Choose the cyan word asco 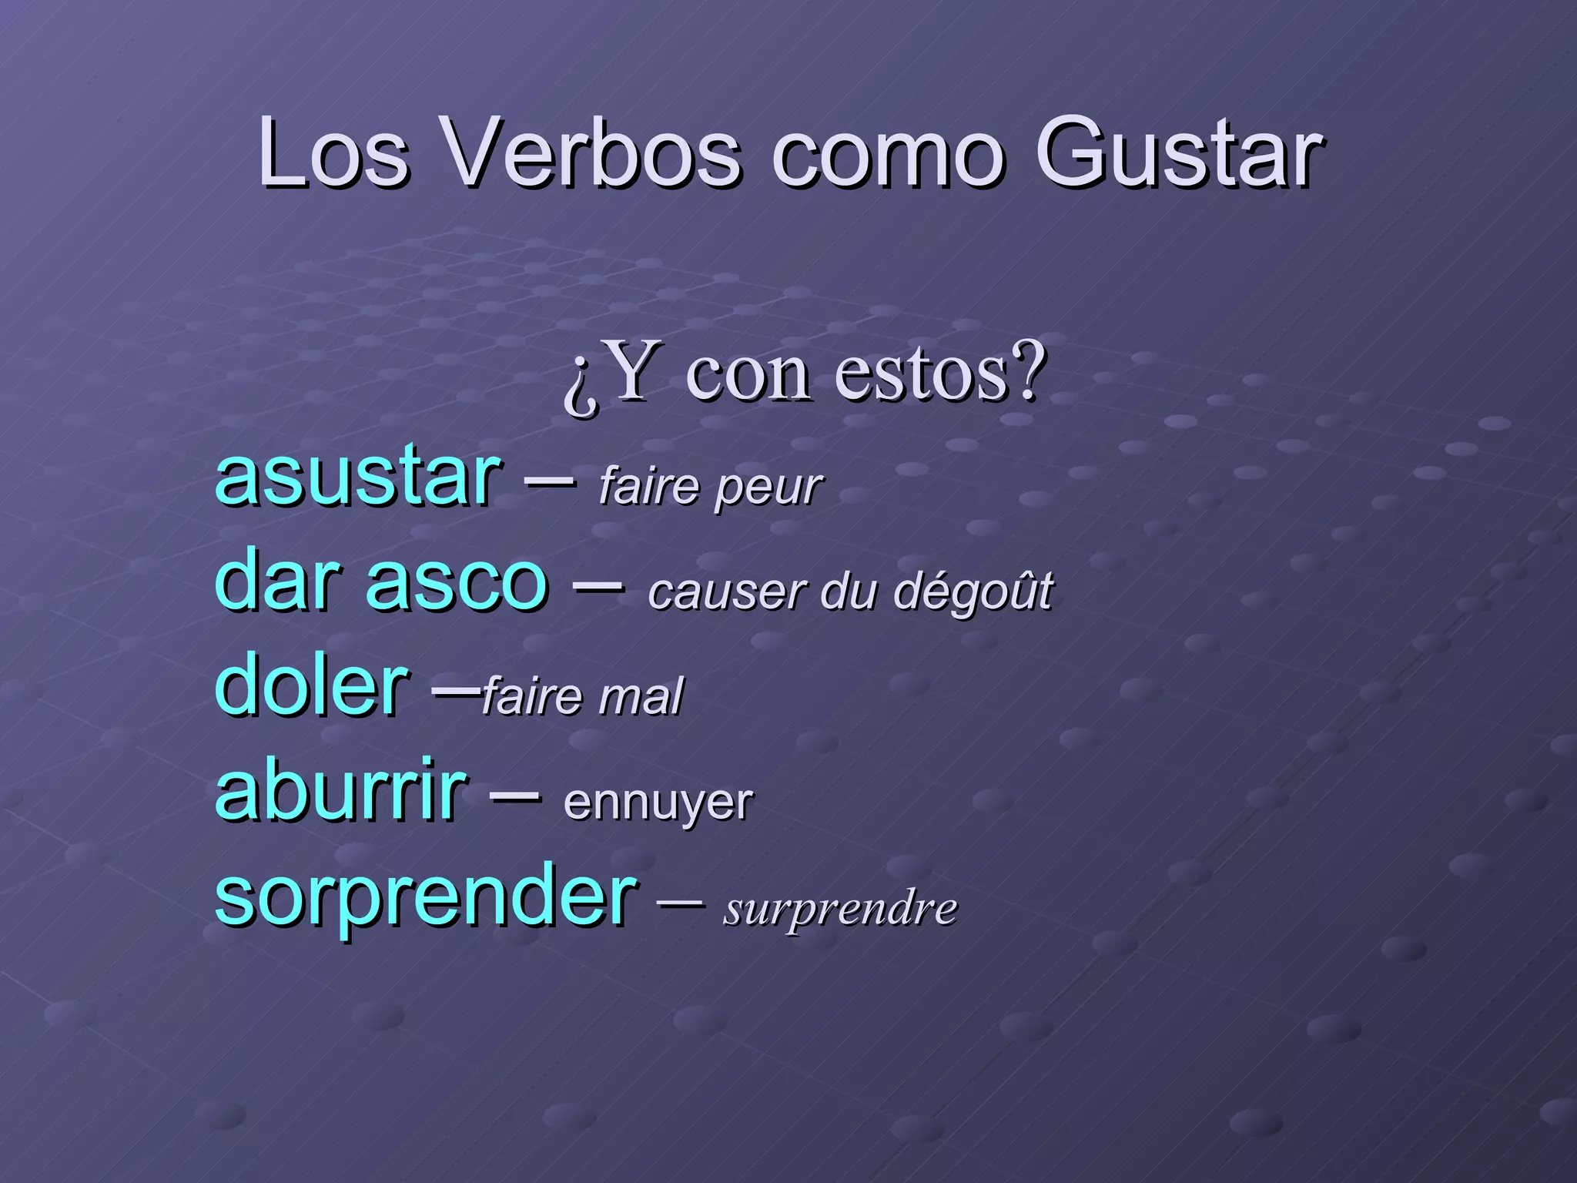point(457,582)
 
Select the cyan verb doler point(311,685)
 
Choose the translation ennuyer point(658,803)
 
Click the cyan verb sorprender point(426,897)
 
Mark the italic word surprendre point(840,909)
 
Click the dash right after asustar point(548,481)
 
